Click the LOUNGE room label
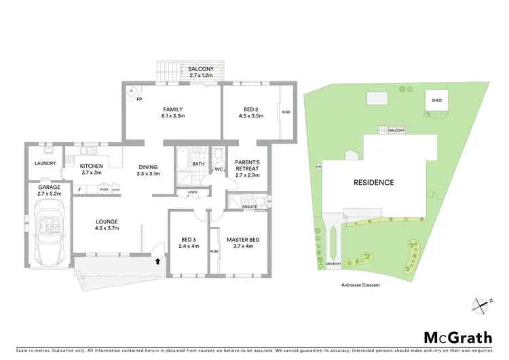point(107,221)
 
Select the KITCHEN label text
point(91,166)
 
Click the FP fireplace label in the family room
point(138,99)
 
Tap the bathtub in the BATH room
point(183,164)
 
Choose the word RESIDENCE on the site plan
point(373,183)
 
